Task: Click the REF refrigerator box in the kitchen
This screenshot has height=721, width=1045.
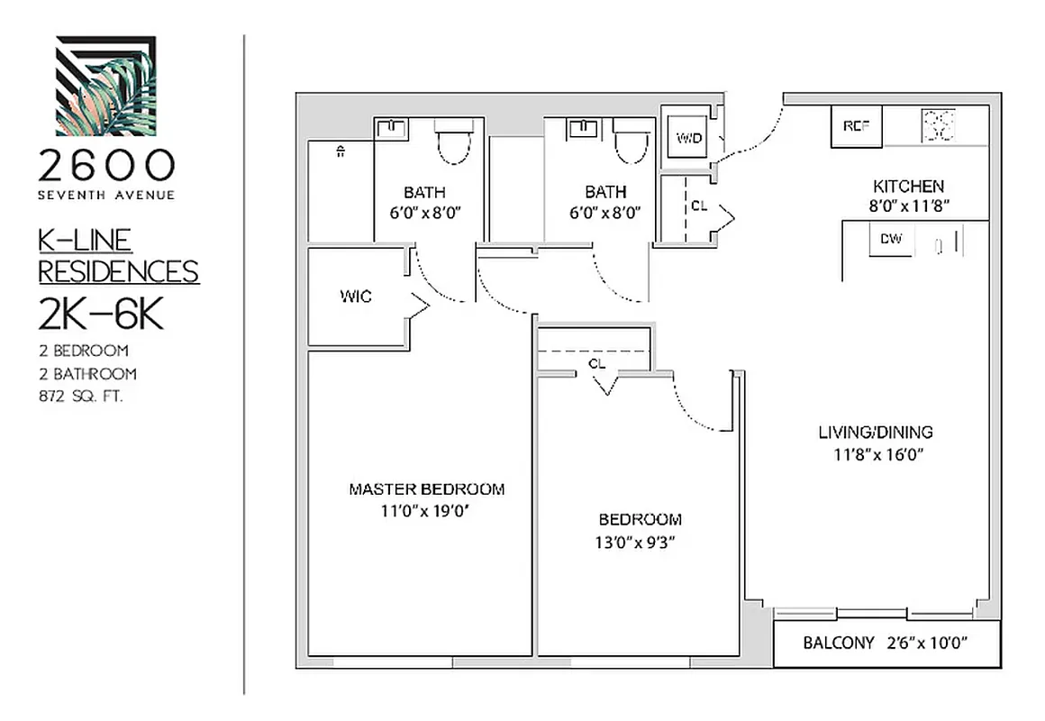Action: click(856, 126)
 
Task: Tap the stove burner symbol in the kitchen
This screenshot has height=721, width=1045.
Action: click(938, 125)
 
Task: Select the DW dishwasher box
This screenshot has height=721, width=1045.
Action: click(890, 241)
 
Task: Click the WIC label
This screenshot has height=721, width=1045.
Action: click(355, 296)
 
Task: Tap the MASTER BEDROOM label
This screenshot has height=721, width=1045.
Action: click(426, 489)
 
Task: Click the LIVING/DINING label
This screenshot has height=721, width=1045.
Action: click(875, 432)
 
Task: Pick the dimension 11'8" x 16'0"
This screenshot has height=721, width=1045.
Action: click(875, 453)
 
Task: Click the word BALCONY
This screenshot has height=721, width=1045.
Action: click(838, 643)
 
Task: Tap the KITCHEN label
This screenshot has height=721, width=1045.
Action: click(907, 187)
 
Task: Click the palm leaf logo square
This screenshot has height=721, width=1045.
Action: click(105, 86)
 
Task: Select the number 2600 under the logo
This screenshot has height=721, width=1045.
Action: click(105, 165)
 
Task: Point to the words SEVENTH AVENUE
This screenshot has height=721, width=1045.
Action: click(105, 194)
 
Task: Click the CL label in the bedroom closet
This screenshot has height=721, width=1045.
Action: click(595, 363)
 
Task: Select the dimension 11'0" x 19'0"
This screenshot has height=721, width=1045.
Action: click(426, 511)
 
